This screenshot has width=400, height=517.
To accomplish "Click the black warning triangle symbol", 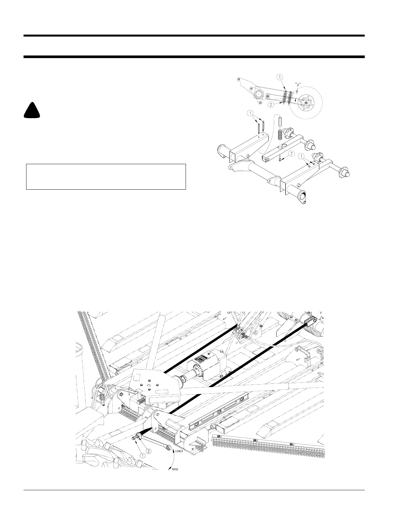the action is (x=32, y=110).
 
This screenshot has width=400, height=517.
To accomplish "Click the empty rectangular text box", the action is (x=106, y=177).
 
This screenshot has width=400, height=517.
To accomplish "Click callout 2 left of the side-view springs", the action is (x=271, y=104).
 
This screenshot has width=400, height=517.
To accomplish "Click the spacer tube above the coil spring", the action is (x=280, y=122).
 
